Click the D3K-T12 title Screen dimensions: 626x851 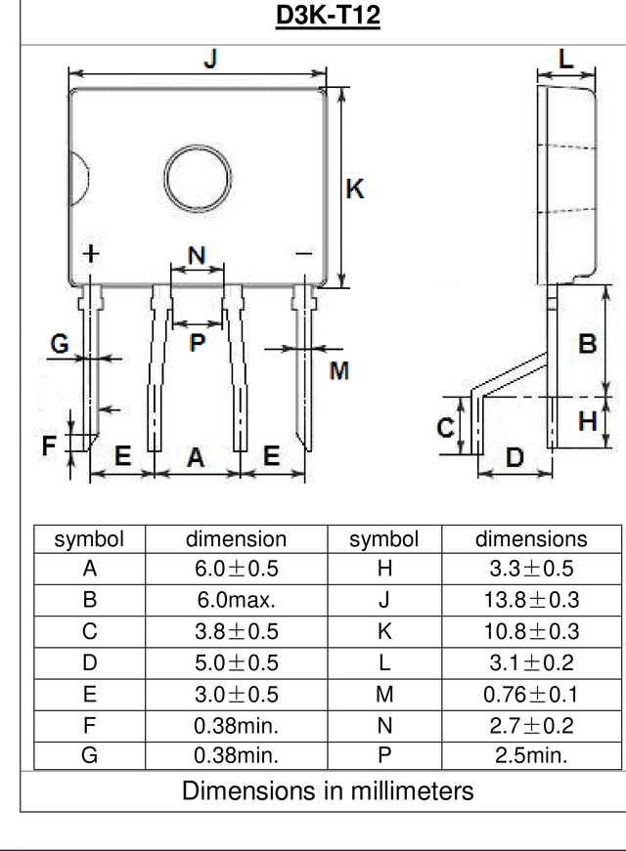coord(328,15)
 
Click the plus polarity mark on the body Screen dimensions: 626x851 coord(91,253)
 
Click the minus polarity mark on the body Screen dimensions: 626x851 coord(304,253)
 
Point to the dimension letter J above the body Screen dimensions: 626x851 coord(211,58)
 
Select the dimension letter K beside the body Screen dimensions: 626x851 coord(355,189)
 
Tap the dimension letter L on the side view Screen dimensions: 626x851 coord(566,59)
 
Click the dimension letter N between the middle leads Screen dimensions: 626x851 coord(197,255)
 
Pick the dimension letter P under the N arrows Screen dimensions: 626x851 coord(198,343)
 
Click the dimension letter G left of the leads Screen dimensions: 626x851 coord(60,343)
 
